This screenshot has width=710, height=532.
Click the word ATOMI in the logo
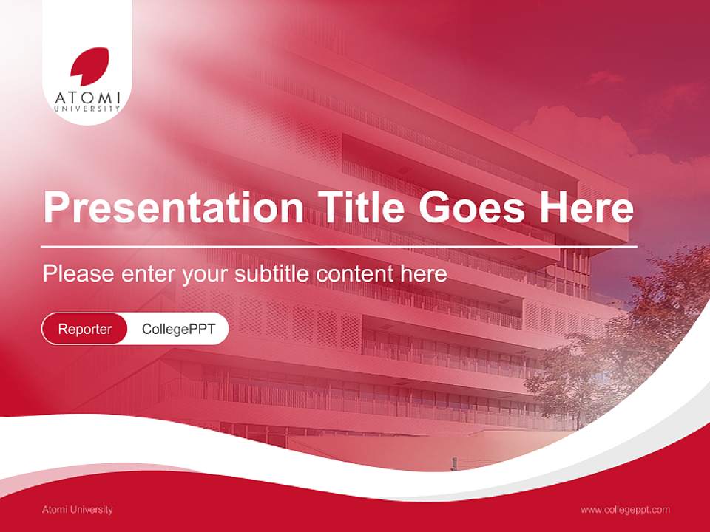pos(87,96)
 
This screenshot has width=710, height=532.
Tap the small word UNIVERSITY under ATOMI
pos(87,109)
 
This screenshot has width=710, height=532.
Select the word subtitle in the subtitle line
pos(272,274)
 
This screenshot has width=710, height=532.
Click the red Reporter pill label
pos(85,329)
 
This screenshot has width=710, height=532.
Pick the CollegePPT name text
pos(178,329)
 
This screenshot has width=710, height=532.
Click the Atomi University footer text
pos(78,509)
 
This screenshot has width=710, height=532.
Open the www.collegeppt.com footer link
pos(625,509)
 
